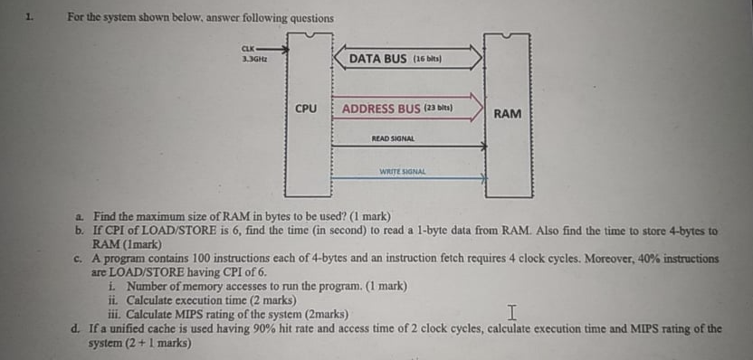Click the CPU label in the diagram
coord(307,109)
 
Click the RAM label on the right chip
coord(507,113)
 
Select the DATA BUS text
coord(377,59)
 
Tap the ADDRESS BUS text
coord(381,109)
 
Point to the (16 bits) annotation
coord(426,59)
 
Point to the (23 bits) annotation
coord(439,109)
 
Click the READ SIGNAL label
coord(393,138)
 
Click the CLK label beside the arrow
coord(247,48)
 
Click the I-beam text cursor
coord(512,313)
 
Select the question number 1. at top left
coord(29,16)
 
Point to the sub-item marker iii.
coord(114,314)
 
